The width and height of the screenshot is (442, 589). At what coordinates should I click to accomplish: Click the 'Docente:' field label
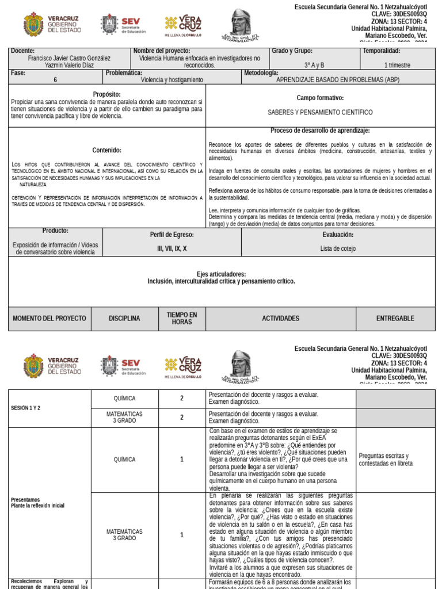click(x=23, y=51)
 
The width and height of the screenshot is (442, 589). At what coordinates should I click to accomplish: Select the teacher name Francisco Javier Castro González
click(x=69, y=58)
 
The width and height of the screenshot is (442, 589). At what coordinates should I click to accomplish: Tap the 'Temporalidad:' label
click(x=389, y=51)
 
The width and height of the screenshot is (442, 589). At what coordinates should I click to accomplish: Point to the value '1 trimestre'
click(x=397, y=66)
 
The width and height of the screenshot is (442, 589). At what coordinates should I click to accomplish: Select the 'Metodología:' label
click(x=261, y=73)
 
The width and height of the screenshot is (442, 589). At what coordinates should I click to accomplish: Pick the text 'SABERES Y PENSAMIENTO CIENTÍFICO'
click(x=320, y=112)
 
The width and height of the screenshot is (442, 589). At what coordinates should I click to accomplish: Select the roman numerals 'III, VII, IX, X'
click(x=172, y=248)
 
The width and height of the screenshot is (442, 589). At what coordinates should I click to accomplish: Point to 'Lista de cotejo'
click(x=338, y=248)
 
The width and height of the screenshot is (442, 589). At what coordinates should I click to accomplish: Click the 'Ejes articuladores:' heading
click(x=221, y=274)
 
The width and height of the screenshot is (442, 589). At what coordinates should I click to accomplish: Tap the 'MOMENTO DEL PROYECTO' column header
click(x=49, y=318)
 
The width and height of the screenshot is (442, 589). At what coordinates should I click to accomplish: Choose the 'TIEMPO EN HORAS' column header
click(x=182, y=318)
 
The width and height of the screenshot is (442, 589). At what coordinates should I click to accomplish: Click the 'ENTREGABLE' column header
click(x=395, y=318)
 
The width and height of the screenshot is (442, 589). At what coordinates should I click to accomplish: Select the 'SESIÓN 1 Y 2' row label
click(x=26, y=408)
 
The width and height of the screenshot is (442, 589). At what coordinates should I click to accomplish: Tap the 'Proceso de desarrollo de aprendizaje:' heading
click(x=320, y=131)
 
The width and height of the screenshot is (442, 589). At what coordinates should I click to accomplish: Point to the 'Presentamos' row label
click(x=25, y=500)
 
